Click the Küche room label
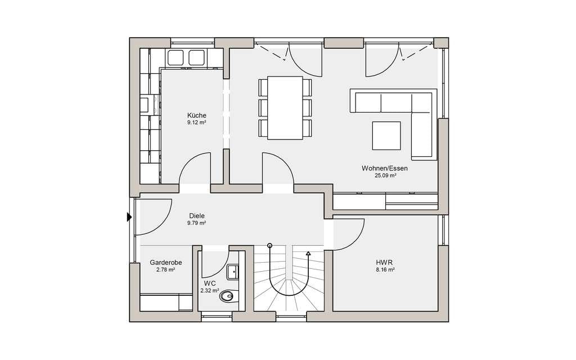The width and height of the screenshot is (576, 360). click(x=196, y=115)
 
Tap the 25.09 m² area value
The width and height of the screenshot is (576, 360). click(x=385, y=175)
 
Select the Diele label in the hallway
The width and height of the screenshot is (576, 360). click(x=196, y=216)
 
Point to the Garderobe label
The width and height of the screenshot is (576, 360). click(x=166, y=263)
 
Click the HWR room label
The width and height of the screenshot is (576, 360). click(x=384, y=263)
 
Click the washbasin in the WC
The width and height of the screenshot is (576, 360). click(x=233, y=272)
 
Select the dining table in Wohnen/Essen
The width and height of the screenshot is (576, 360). click(x=285, y=108)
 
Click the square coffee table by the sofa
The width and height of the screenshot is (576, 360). click(x=386, y=136)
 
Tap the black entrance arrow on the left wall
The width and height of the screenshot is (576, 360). click(x=129, y=217)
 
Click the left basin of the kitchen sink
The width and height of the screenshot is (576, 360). click(x=175, y=58)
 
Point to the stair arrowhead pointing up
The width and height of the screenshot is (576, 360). click(x=308, y=253)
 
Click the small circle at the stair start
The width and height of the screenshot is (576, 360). click(x=270, y=245)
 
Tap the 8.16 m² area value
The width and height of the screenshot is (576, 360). click(x=384, y=270)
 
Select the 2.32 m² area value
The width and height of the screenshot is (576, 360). click(x=209, y=291)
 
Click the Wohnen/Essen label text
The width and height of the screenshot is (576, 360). click(x=385, y=169)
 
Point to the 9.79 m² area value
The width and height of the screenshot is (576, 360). click(x=196, y=223)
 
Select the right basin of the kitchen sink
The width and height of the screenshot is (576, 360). click(x=196, y=58)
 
